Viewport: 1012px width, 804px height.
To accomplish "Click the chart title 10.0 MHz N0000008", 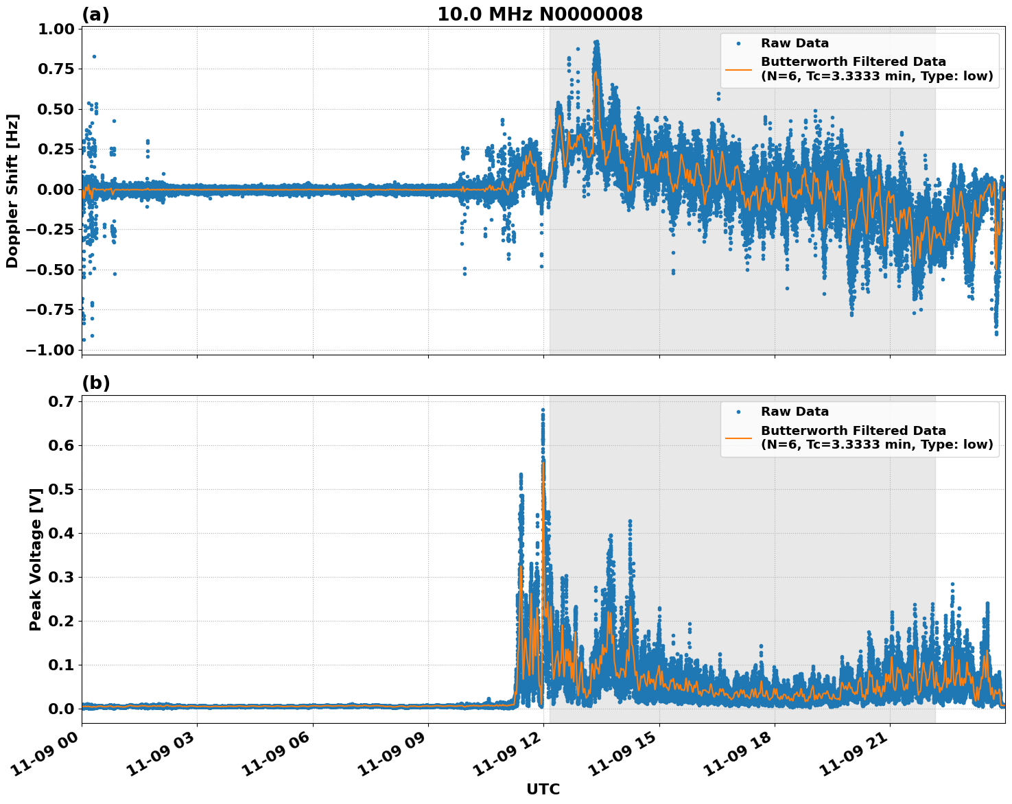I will (540, 14).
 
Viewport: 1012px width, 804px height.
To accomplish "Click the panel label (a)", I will (95, 14).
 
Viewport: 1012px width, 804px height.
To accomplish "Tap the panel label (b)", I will (95, 383).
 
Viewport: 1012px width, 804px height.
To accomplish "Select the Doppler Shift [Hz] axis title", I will (12, 191).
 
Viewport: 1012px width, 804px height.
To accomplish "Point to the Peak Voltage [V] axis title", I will (36, 559).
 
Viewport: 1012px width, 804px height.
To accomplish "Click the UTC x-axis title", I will (543, 790).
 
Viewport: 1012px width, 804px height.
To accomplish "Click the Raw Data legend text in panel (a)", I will (795, 44).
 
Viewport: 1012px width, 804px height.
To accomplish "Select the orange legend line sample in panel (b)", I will (738, 438).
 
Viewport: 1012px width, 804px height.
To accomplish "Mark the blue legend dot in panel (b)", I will (738, 412).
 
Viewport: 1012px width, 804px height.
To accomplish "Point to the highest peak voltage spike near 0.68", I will (543, 410).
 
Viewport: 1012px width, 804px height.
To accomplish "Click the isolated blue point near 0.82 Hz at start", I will (94, 56).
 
